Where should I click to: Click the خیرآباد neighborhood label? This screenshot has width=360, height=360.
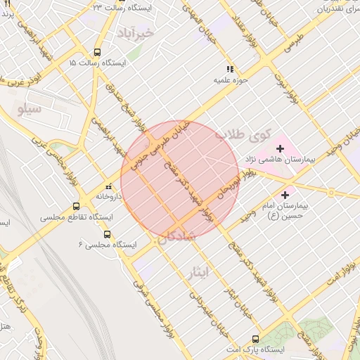tap(133, 33)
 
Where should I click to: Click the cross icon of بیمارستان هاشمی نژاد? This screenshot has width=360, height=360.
tap(281, 148)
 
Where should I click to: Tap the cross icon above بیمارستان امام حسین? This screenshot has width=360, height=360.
tap(285, 195)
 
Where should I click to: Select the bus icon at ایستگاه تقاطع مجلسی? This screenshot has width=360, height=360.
tap(76, 207)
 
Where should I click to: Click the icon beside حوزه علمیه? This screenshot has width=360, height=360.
tap(229, 69)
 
